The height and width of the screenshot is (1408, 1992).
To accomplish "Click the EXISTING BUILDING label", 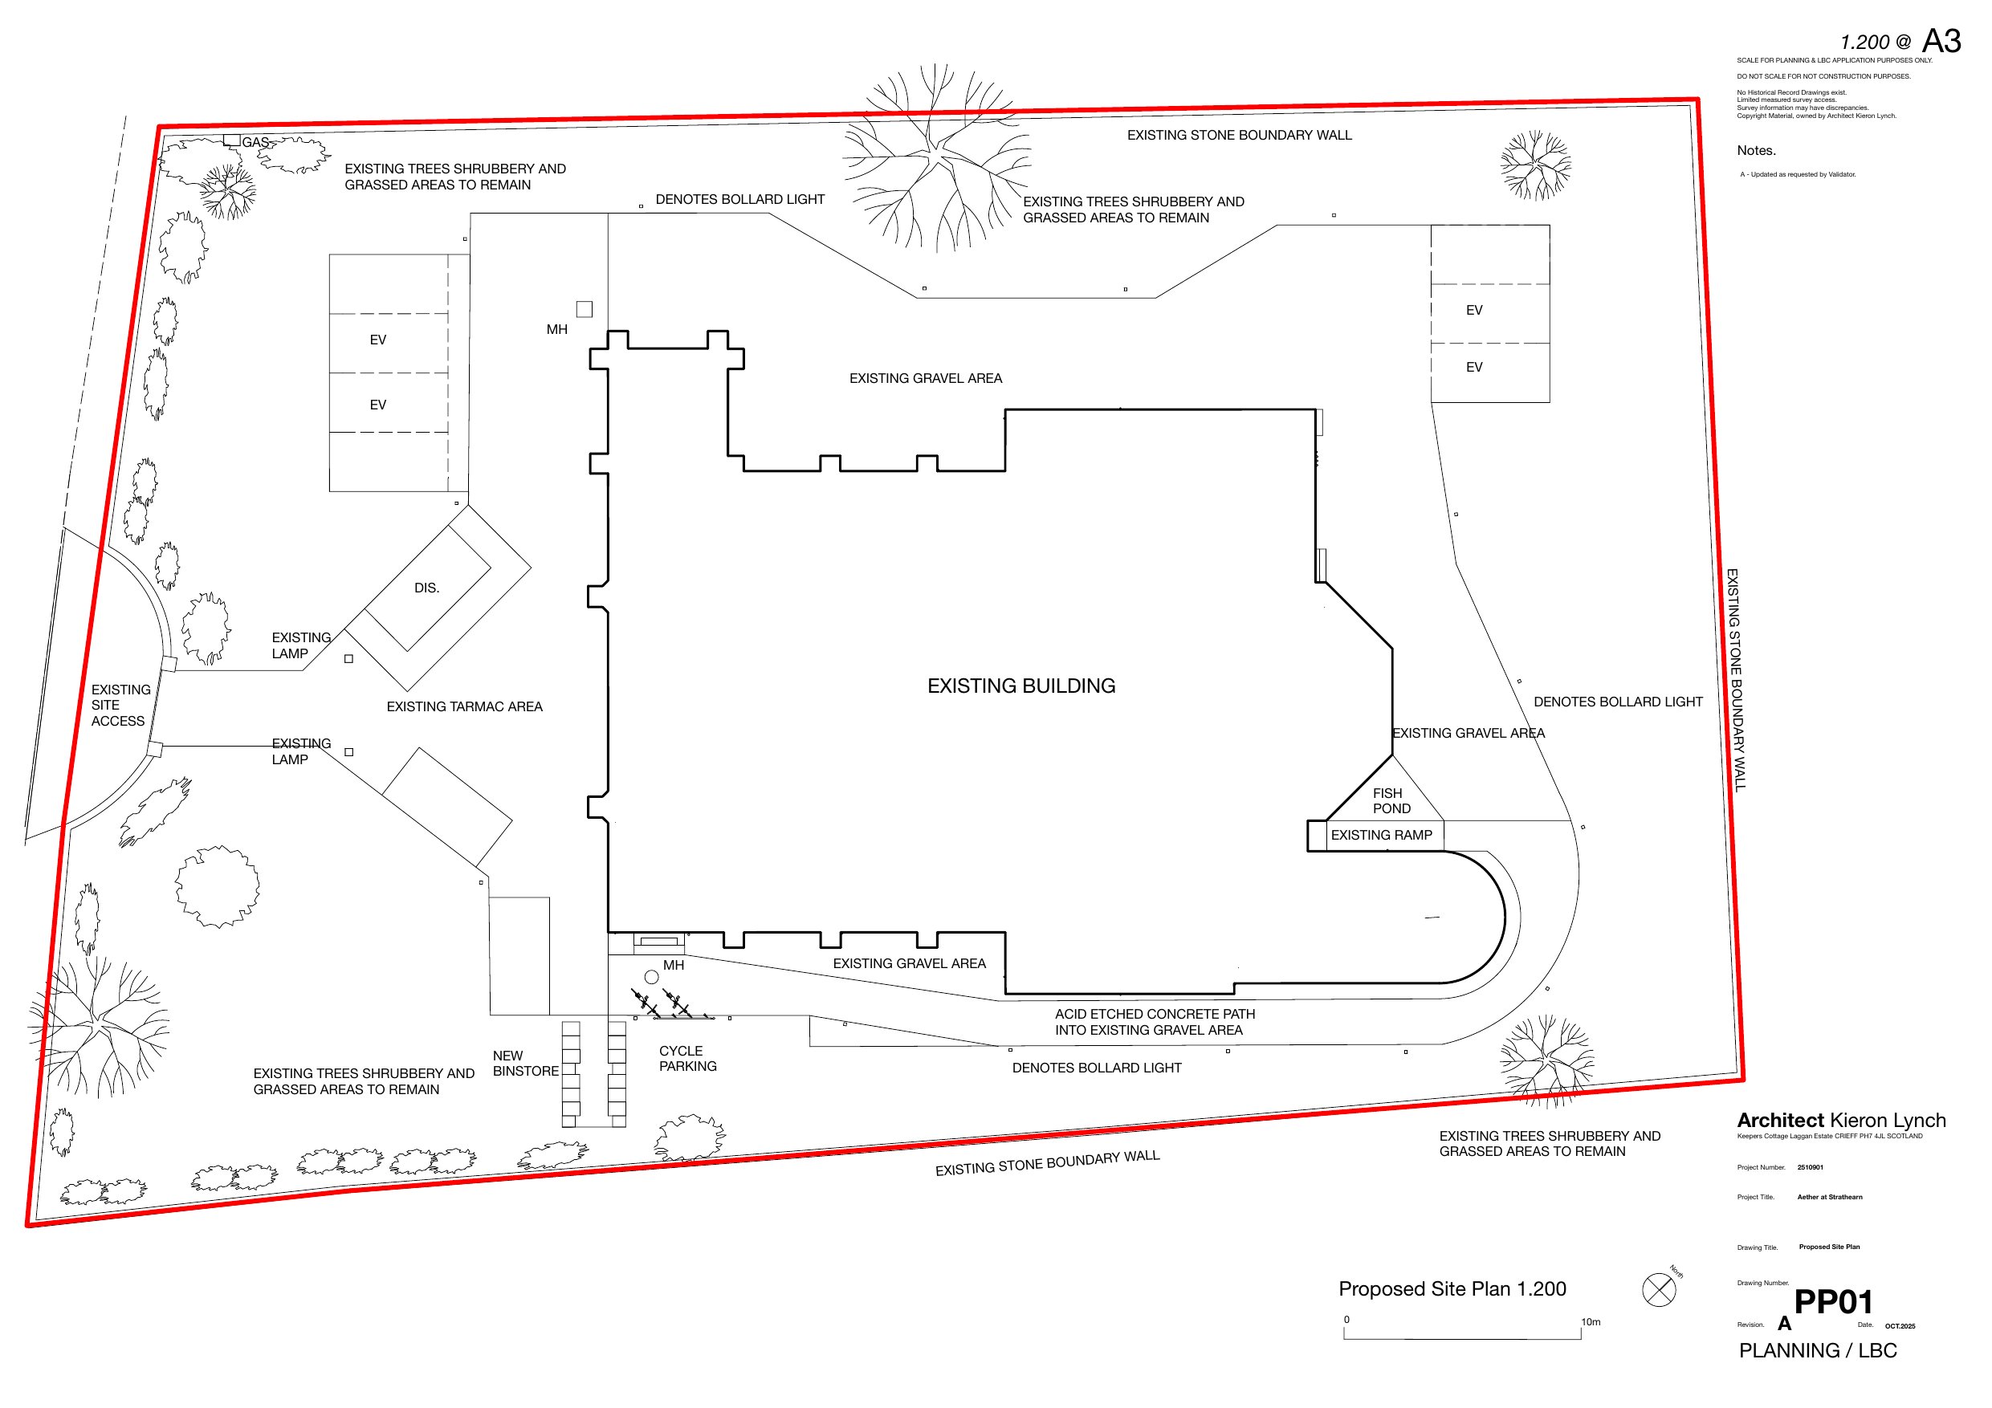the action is pyautogui.click(x=1021, y=686).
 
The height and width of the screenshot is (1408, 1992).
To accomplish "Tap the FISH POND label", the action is pyautogui.click(x=1391, y=800).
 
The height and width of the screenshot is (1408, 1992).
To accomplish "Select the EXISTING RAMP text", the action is pyautogui.click(x=1381, y=836).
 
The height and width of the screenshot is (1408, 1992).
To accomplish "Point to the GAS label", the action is pyautogui.click(x=255, y=142).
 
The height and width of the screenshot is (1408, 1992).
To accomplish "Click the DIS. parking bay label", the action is pyautogui.click(x=427, y=588).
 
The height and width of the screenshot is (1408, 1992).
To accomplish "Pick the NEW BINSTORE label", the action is pyautogui.click(x=526, y=1064).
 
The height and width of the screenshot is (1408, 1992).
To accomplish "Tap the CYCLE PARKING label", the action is pyautogui.click(x=688, y=1058).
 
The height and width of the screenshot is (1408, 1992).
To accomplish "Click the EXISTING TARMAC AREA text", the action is pyautogui.click(x=464, y=707).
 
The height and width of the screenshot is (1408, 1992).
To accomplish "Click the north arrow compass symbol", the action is pyautogui.click(x=1659, y=1289).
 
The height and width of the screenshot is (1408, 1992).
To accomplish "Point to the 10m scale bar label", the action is pyautogui.click(x=1591, y=1322).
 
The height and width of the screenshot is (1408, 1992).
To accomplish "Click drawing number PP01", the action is pyautogui.click(x=1833, y=1302).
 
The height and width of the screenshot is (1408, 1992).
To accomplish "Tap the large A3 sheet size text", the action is pyautogui.click(x=1941, y=42).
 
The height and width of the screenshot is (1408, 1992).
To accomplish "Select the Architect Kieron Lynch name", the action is pyautogui.click(x=1841, y=1120).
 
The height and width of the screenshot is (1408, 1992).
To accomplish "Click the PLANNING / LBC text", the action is pyautogui.click(x=1818, y=1351).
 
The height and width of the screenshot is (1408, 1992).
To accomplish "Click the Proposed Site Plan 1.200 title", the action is pyautogui.click(x=1452, y=1289).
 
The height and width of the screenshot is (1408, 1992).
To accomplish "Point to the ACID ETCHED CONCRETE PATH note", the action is pyautogui.click(x=1155, y=1022).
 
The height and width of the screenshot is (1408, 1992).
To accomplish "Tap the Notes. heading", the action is pyautogui.click(x=1756, y=151).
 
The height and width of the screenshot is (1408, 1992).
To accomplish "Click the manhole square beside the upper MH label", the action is pyautogui.click(x=585, y=310).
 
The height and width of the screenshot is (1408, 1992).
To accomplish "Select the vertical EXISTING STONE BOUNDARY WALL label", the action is pyautogui.click(x=1733, y=680).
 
